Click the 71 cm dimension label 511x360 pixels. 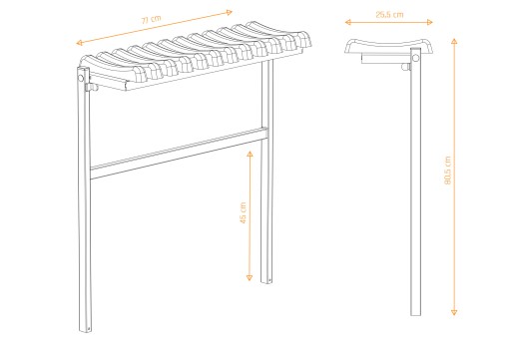[x=152, y=19]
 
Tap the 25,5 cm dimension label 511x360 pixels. [x=389, y=15]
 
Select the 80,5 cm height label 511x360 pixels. [x=447, y=170]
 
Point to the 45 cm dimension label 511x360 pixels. [x=244, y=212]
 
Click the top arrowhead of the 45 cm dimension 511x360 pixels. [x=250, y=154]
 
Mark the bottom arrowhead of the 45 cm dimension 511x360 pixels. [x=250, y=278]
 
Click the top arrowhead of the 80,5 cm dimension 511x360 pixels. [x=454, y=41]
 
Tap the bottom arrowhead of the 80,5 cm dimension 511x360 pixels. [x=454, y=312]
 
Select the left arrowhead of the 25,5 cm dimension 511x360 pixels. [x=348, y=22]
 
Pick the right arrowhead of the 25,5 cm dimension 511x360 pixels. [x=429, y=22]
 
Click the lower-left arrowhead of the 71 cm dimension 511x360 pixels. [x=79, y=43]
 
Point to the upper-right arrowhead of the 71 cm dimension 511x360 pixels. [x=229, y=13]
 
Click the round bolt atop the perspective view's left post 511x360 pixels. [x=81, y=78]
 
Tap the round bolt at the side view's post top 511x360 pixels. [x=415, y=58]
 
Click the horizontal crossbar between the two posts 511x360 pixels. [x=179, y=154]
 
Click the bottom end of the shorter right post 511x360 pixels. [x=266, y=281]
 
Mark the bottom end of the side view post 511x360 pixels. [x=415, y=314]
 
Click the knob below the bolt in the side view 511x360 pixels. [x=405, y=67]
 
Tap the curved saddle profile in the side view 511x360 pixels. [x=388, y=47]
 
